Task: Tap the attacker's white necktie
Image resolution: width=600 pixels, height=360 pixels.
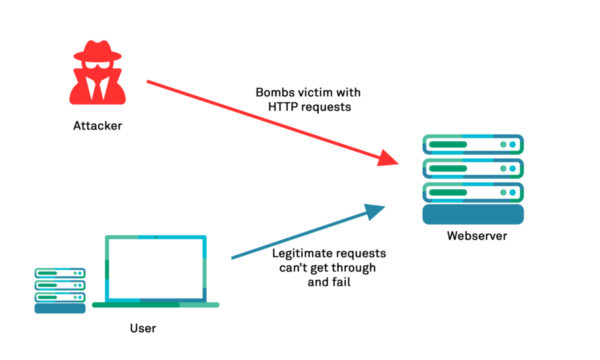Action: click(x=98, y=87)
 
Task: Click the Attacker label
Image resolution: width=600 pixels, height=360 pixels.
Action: click(x=98, y=125)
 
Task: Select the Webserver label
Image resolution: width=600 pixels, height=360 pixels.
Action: click(x=477, y=236)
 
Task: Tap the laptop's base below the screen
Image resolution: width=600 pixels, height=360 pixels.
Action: click(x=155, y=305)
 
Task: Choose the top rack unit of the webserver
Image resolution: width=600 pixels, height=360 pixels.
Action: click(x=473, y=144)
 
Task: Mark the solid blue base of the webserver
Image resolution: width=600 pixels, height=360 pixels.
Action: click(x=473, y=215)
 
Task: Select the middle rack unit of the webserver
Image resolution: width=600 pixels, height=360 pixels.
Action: click(x=473, y=168)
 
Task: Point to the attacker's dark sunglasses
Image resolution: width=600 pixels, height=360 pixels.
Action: click(x=98, y=69)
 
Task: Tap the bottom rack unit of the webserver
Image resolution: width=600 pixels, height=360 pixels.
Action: click(x=473, y=192)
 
